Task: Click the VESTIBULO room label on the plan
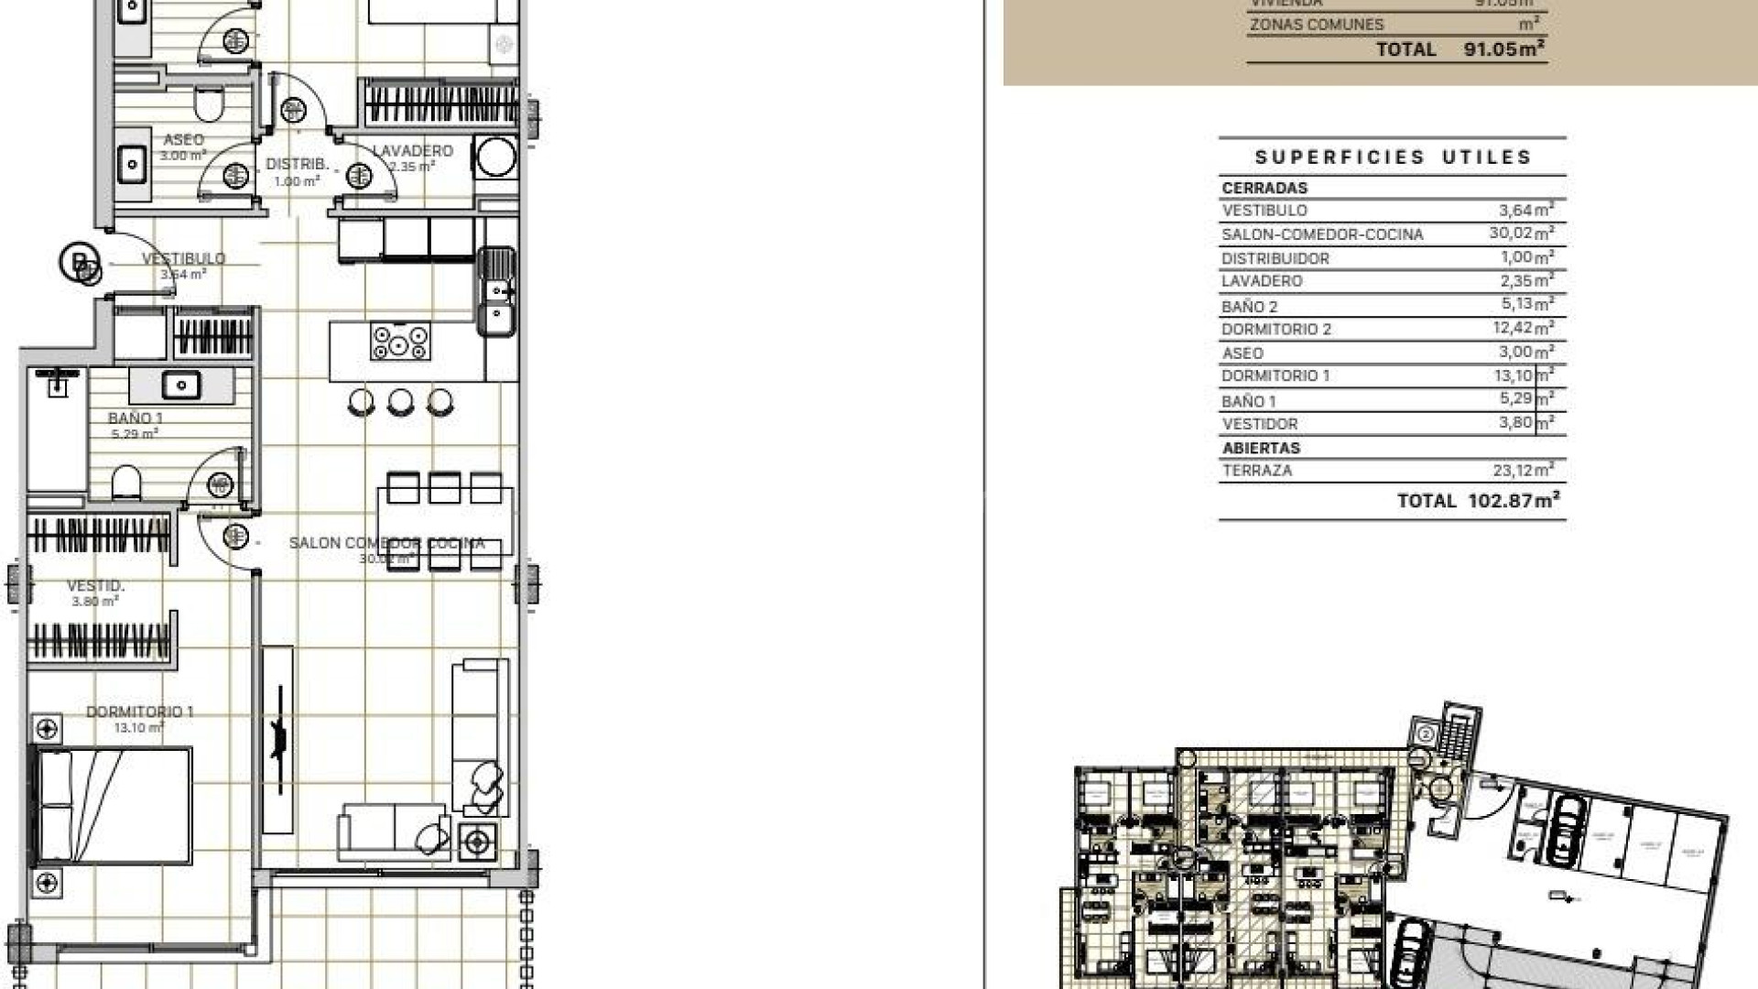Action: tap(183, 259)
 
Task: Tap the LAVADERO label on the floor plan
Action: tap(412, 151)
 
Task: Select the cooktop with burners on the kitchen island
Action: tap(400, 342)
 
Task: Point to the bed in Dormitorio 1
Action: tap(113, 806)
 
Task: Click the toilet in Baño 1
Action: tap(126, 482)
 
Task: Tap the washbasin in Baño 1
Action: tap(181, 385)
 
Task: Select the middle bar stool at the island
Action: tap(400, 401)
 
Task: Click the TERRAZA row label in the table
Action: tap(1257, 471)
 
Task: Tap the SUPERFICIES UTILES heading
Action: tap(1393, 158)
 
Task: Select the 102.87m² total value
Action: tap(1513, 501)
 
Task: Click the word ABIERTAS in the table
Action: tap(1261, 448)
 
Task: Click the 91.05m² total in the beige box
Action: tap(1504, 49)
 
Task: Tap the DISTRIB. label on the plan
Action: tap(297, 165)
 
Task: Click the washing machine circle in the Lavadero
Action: tap(495, 157)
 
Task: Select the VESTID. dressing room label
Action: tap(96, 586)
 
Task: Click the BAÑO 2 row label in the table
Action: tap(1249, 307)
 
